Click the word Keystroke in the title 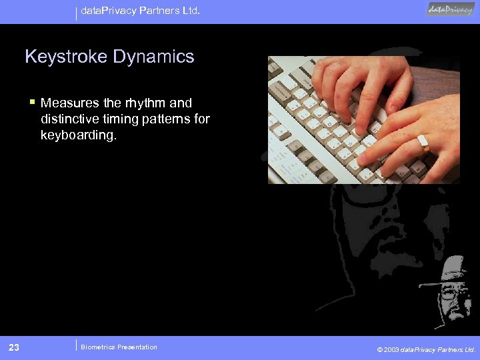(x=66, y=57)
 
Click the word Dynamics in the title (x=153, y=57)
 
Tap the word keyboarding (x=78, y=135)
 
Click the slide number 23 (x=14, y=347)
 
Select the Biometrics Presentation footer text (x=119, y=347)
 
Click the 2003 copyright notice (x=426, y=349)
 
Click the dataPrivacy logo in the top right (x=451, y=9)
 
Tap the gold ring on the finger (x=423, y=141)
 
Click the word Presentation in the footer (x=137, y=347)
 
